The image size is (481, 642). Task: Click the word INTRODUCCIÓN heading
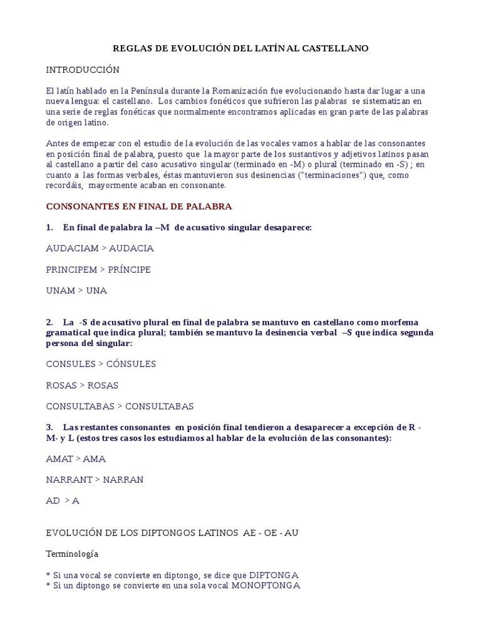point(83,70)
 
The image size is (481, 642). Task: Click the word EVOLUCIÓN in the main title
point(192,48)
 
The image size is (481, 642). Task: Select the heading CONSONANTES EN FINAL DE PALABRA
point(139,206)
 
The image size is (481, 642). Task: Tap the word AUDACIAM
point(73,248)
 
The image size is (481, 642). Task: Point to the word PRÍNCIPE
point(130,270)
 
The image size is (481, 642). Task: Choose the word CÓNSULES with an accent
point(132,364)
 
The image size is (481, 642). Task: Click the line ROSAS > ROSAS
point(82,386)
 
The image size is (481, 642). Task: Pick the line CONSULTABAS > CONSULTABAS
point(120,407)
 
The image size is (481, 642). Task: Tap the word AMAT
point(59,459)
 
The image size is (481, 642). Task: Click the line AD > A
point(63,502)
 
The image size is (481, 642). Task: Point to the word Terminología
point(72,554)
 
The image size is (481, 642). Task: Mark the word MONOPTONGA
point(266,586)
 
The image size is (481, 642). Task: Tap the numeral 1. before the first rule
point(49,228)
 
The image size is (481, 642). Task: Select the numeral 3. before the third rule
point(49,427)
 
